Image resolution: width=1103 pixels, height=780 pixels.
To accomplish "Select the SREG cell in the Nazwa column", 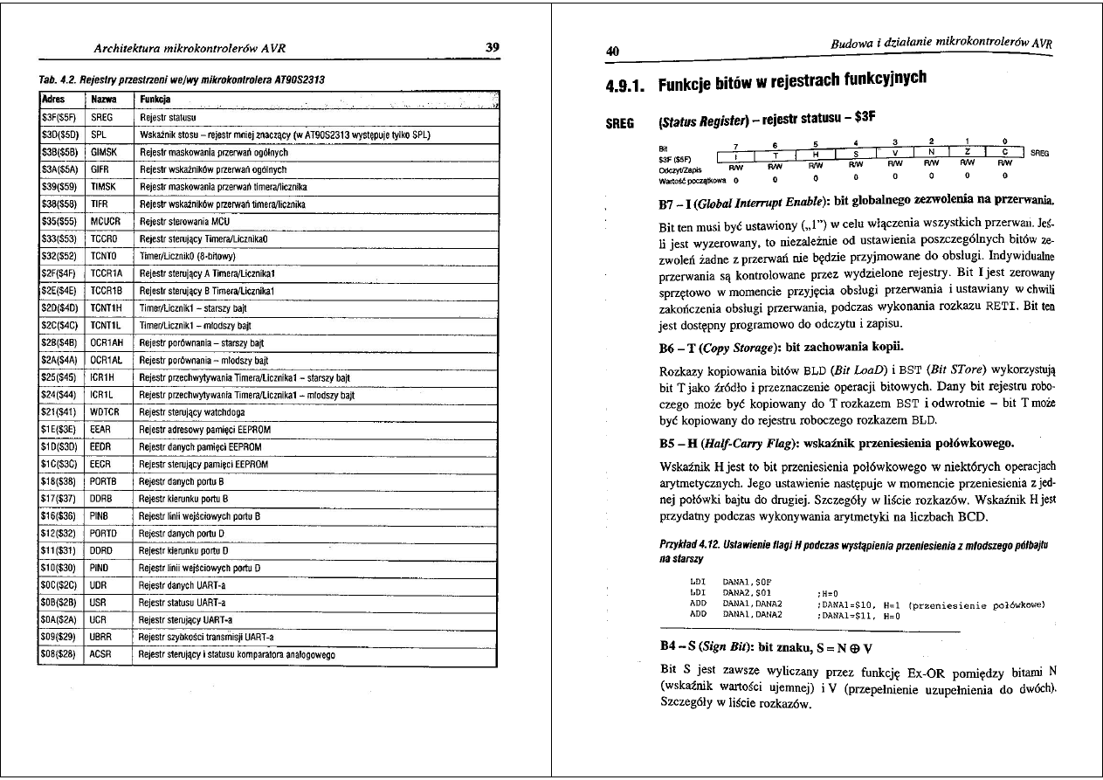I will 102,116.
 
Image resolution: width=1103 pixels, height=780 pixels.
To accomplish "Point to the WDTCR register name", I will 106,411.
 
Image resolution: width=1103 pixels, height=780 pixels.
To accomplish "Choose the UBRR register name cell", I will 103,637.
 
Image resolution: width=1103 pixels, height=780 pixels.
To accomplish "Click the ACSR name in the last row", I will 103,654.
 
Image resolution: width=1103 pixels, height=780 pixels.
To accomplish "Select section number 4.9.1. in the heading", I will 624,86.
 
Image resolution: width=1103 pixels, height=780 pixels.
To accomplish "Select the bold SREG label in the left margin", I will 620,123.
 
